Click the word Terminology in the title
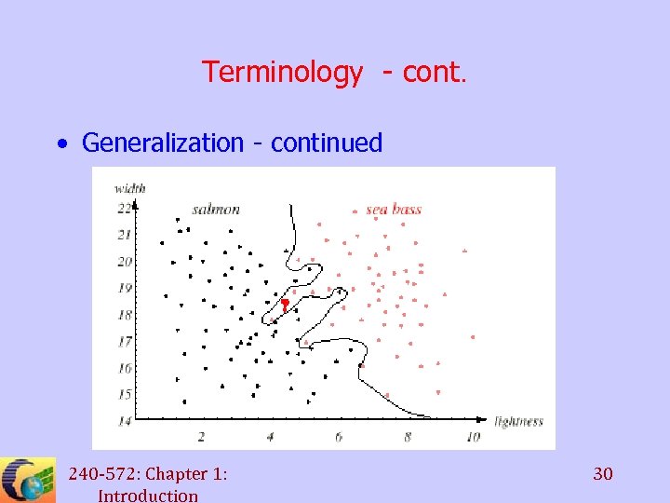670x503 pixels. [283, 72]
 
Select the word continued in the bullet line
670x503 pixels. [327, 143]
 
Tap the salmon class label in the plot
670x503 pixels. [216, 209]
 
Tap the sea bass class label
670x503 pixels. [393, 209]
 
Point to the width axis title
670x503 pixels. [130, 189]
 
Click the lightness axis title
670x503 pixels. [518, 422]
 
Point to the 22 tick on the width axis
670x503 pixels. [124, 208]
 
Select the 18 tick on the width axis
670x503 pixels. [124, 315]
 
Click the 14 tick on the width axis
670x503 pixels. [124, 422]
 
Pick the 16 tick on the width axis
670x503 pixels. [124, 369]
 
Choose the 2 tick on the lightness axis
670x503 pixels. [201, 436]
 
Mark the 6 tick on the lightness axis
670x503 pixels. [338, 436]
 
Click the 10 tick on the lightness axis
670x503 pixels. [473, 436]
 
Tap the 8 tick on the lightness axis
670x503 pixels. [407, 436]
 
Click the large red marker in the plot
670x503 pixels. [285, 304]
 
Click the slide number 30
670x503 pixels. [603, 475]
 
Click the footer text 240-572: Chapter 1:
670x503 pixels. [148, 474]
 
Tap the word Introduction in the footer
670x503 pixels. [148, 496]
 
